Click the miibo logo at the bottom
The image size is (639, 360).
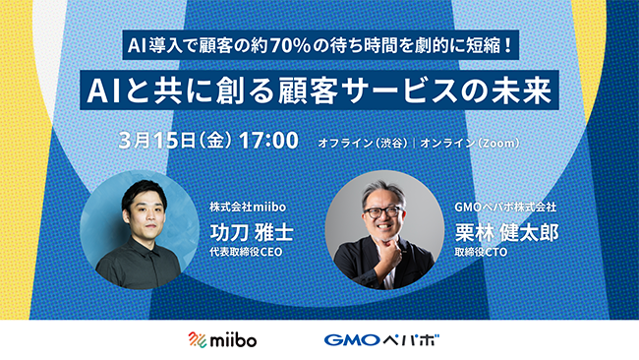(x=225, y=339)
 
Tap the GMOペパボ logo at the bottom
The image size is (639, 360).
(x=381, y=339)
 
